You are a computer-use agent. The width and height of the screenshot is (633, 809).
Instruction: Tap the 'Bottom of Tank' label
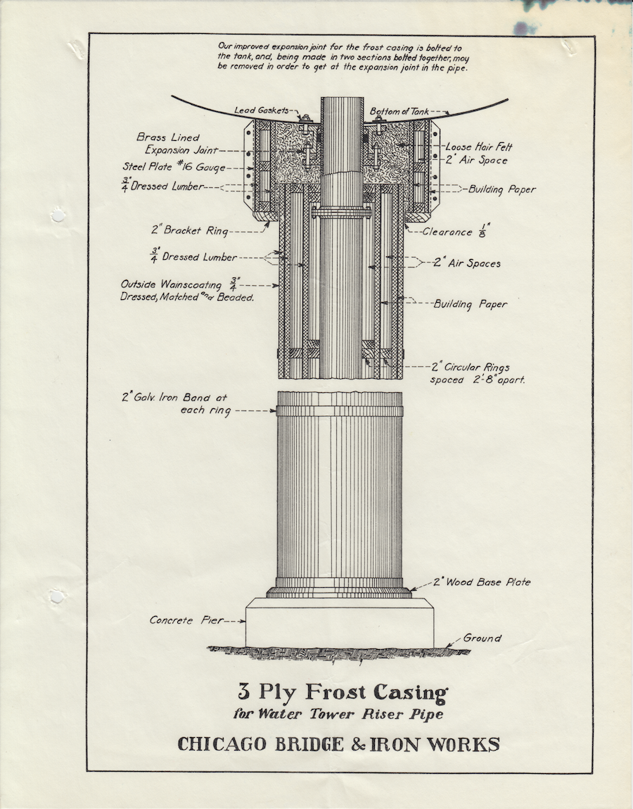click(399, 111)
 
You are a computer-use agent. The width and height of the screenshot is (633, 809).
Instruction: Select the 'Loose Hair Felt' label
click(478, 147)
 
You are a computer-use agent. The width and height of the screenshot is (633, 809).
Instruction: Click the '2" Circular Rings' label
click(470, 368)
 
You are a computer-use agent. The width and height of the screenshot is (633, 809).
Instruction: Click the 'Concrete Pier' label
click(186, 620)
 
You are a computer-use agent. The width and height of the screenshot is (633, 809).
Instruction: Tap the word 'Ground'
click(482, 638)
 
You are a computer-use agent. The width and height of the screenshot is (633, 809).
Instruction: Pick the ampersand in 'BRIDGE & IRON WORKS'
click(354, 744)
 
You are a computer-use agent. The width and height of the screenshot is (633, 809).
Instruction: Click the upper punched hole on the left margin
click(57, 214)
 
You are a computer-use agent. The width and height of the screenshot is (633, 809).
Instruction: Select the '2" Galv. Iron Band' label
click(176, 404)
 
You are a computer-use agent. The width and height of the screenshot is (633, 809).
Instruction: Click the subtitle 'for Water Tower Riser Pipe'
click(338, 714)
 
